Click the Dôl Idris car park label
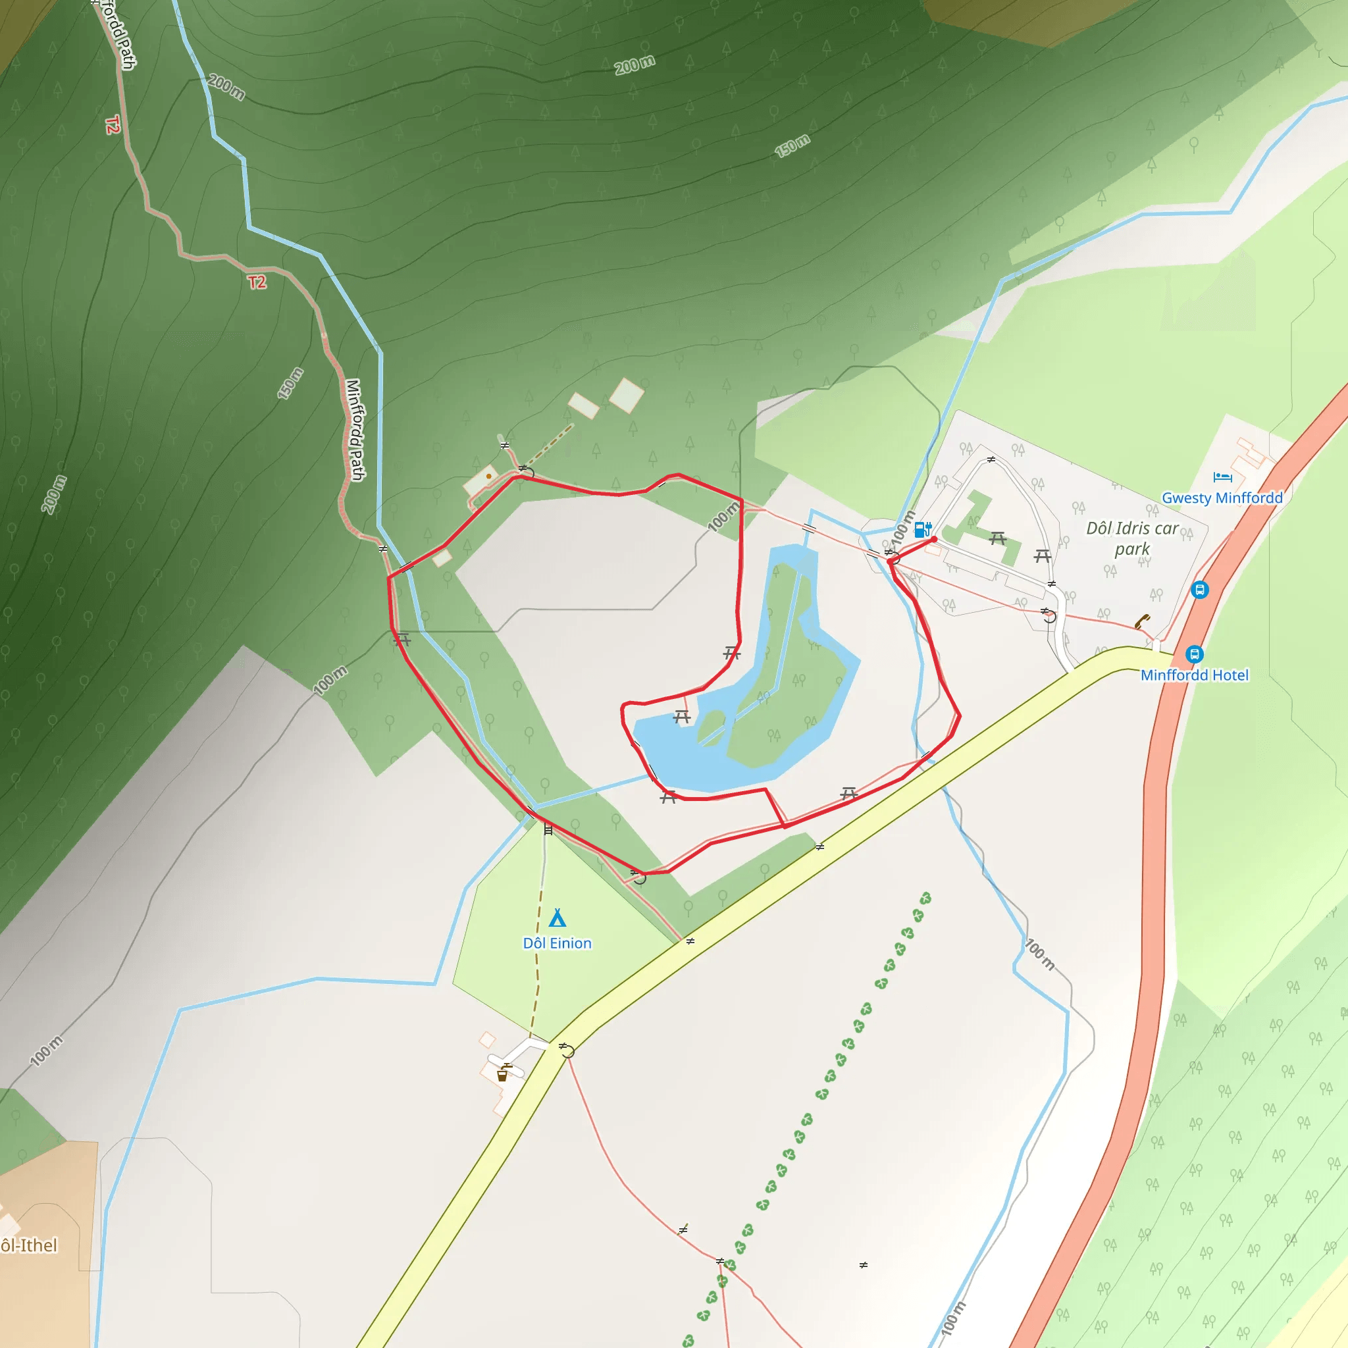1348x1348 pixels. tap(1131, 538)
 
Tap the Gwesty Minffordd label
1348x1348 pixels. tap(1222, 498)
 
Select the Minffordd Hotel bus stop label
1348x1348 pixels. tap(1195, 675)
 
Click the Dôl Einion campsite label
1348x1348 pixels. tap(557, 943)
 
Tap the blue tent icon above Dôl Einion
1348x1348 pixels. tap(557, 918)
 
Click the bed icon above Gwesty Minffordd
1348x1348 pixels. tap(1222, 477)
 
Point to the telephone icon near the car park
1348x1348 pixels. tap(1141, 620)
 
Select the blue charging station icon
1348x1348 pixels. tap(922, 529)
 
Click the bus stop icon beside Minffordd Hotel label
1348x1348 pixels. tap(1195, 654)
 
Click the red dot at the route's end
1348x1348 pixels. tap(933, 539)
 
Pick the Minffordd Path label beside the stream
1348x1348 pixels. tap(356, 430)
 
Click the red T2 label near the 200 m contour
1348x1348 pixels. tap(257, 282)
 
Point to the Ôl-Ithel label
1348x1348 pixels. tap(30, 1245)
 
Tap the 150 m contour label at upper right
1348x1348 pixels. tap(792, 145)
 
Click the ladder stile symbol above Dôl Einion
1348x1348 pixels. tap(548, 829)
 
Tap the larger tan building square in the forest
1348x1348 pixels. tap(627, 395)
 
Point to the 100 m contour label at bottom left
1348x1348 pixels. tap(46, 1050)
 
